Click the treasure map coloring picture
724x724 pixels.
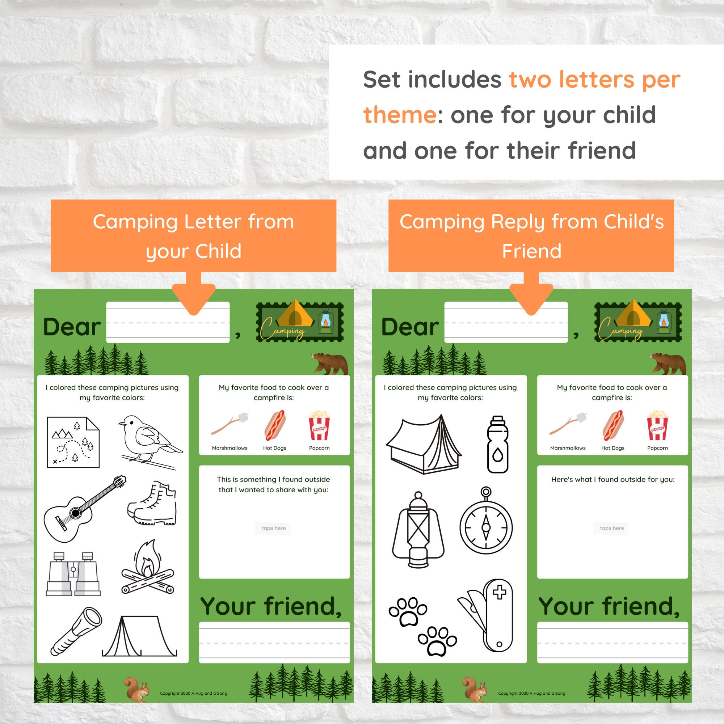click(73, 442)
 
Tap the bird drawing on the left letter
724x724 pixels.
click(150, 440)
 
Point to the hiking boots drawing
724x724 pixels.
click(153, 504)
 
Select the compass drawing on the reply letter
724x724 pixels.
click(486, 523)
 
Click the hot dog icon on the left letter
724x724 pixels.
click(275, 426)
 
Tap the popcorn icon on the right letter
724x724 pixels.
click(657, 426)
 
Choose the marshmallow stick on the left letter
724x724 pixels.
click(230, 424)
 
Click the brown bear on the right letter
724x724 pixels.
click(669, 363)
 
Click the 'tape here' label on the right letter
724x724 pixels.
click(611, 528)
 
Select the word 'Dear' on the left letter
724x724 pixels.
click(72, 327)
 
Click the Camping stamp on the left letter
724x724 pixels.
click(300, 322)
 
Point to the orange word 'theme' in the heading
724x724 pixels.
click(399, 115)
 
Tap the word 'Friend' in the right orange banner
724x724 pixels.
click(531, 251)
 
